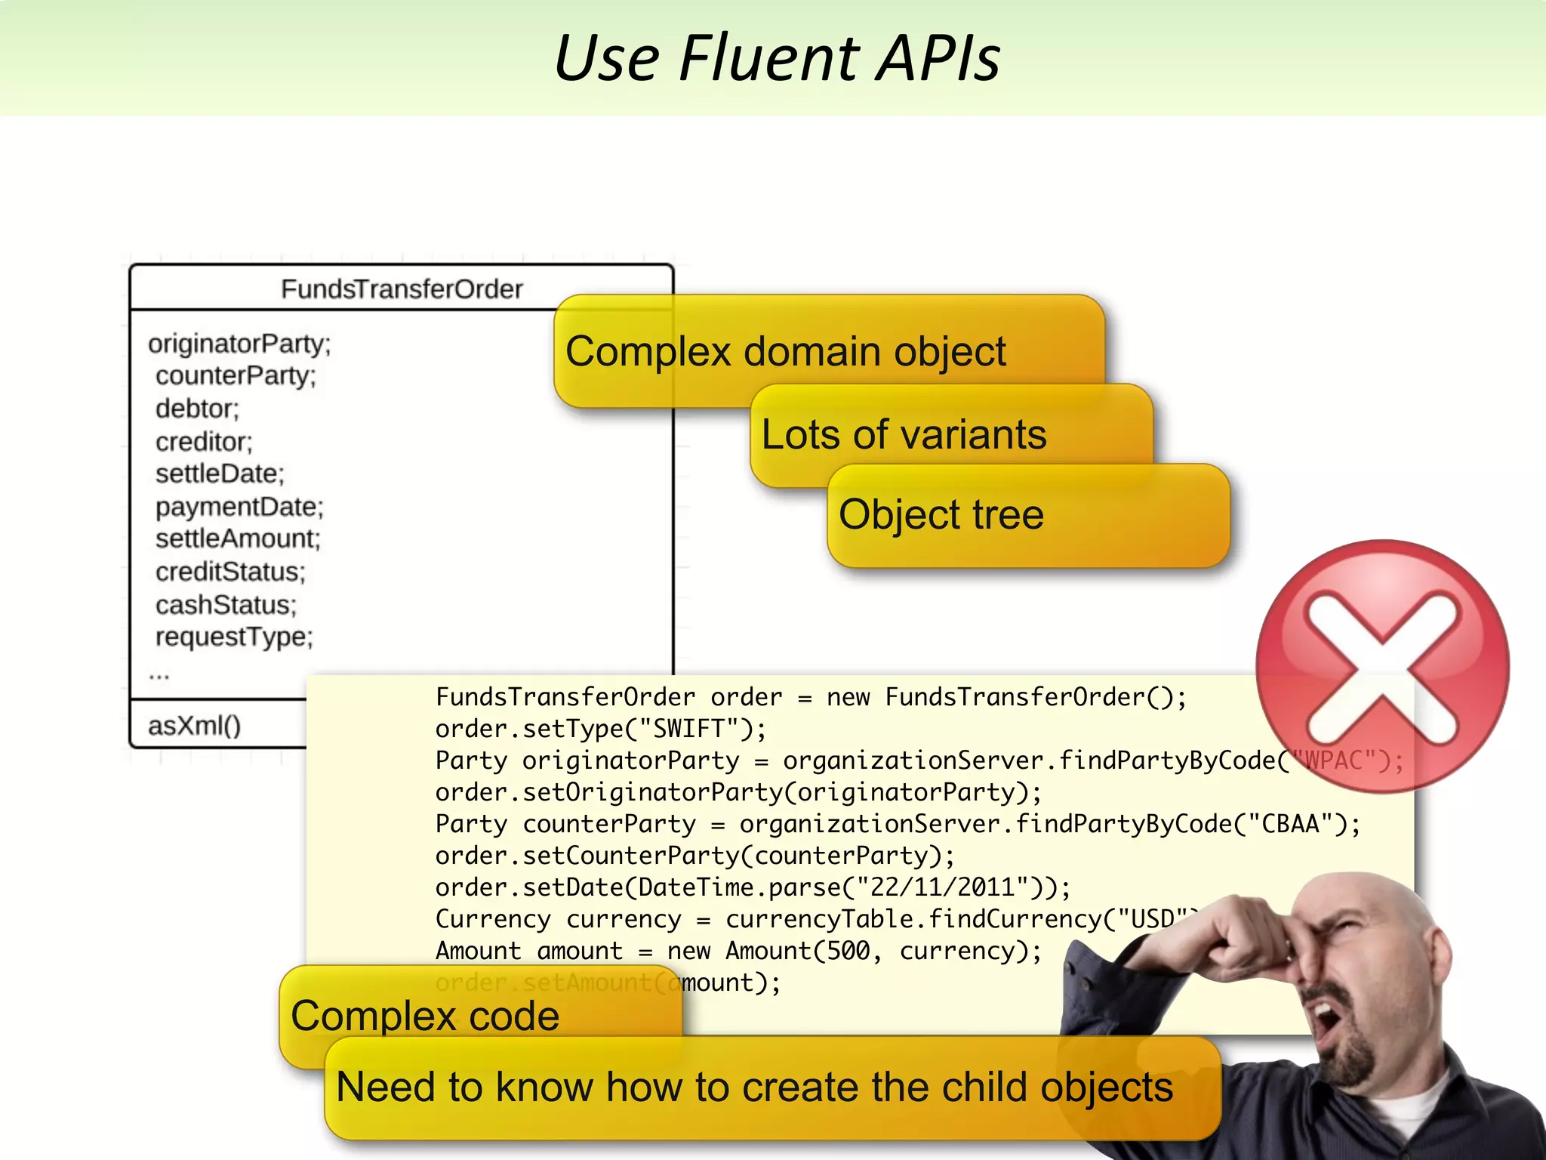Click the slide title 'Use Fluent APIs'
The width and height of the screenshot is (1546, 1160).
point(778,59)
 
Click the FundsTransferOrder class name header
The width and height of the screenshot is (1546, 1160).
point(402,289)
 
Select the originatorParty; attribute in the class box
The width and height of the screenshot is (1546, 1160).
point(239,344)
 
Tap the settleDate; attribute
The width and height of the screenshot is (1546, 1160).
point(220,474)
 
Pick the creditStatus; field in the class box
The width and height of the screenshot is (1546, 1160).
point(230,572)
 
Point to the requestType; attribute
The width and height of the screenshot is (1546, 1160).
point(234,637)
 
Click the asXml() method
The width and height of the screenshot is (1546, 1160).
point(195,726)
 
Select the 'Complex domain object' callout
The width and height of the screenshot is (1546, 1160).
point(785,352)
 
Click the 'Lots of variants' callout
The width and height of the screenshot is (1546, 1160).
point(904,435)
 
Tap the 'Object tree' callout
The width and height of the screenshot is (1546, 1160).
point(941,515)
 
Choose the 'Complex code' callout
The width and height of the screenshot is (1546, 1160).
point(425,1016)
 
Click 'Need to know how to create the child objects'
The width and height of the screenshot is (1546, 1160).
point(754,1087)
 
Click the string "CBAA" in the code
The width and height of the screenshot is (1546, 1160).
point(1291,824)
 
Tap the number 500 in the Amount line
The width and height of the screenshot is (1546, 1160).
point(848,952)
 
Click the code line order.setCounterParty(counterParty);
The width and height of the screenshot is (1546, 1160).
point(694,856)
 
